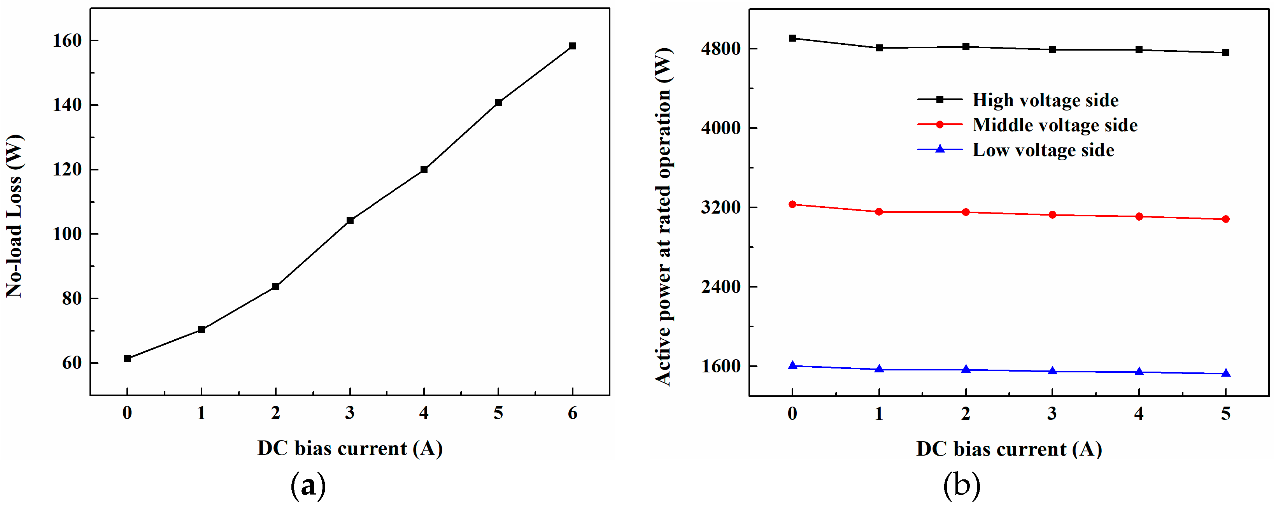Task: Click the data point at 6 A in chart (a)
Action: [x=572, y=46]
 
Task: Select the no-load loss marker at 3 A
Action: [x=350, y=220]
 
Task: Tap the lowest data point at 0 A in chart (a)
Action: [x=127, y=358]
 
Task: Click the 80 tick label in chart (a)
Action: [x=72, y=298]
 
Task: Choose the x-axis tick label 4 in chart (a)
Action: [x=424, y=413]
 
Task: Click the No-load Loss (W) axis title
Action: [x=14, y=216]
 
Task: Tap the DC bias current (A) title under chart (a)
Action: [x=350, y=448]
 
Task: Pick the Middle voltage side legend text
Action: [x=1055, y=125]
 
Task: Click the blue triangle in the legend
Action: [x=939, y=149]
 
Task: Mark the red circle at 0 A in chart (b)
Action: [x=792, y=204]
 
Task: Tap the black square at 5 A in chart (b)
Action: [x=1225, y=53]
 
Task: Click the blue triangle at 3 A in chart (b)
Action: [x=1052, y=371]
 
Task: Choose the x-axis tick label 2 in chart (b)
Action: [x=966, y=413]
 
